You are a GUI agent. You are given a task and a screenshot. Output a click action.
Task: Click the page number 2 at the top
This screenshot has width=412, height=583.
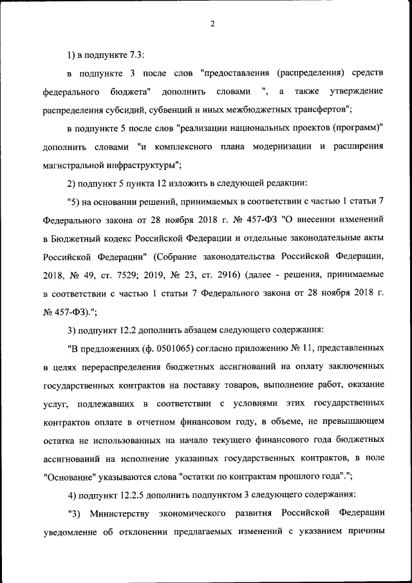pyautogui.click(x=212, y=24)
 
